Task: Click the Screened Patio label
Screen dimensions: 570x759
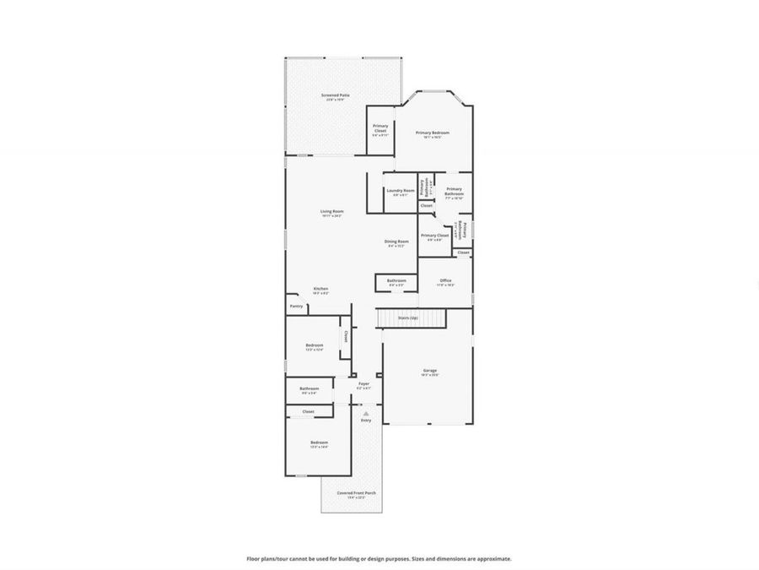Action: point(336,95)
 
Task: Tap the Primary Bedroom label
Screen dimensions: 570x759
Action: point(432,133)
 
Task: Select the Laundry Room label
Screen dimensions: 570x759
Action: point(401,191)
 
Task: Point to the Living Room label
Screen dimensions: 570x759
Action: point(331,211)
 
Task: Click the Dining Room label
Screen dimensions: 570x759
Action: point(396,242)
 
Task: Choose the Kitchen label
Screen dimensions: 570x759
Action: point(320,289)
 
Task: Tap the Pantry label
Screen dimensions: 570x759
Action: point(296,306)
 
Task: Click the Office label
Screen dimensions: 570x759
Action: point(445,280)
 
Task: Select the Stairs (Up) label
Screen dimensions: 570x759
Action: point(408,318)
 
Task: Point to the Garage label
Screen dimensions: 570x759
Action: point(430,370)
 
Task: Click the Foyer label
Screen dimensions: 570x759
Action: point(363,383)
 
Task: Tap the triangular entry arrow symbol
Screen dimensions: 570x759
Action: point(365,413)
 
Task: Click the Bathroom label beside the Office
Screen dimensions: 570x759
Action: point(396,280)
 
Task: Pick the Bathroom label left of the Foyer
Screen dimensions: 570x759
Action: point(308,388)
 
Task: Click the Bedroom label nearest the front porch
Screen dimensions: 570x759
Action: point(319,442)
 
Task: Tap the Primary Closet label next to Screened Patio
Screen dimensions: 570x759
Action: point(380,128)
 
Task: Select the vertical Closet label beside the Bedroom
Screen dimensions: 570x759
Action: point(345,335)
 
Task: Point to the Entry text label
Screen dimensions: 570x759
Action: point(365,420)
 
